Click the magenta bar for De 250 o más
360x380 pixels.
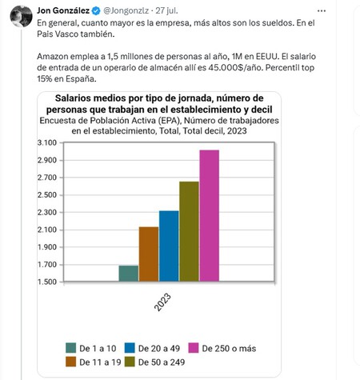[209, 216]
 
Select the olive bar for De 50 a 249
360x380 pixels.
[189, 232]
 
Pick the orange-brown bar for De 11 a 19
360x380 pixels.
[149, 254]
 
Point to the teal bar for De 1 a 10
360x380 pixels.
[129, 274]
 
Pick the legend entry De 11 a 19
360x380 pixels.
[96, 362]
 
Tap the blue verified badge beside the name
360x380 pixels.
[96, 9]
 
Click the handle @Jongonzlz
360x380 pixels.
[125, 9]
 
